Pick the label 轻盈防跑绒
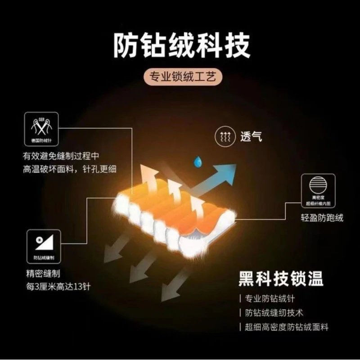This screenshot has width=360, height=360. pos(321,218)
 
